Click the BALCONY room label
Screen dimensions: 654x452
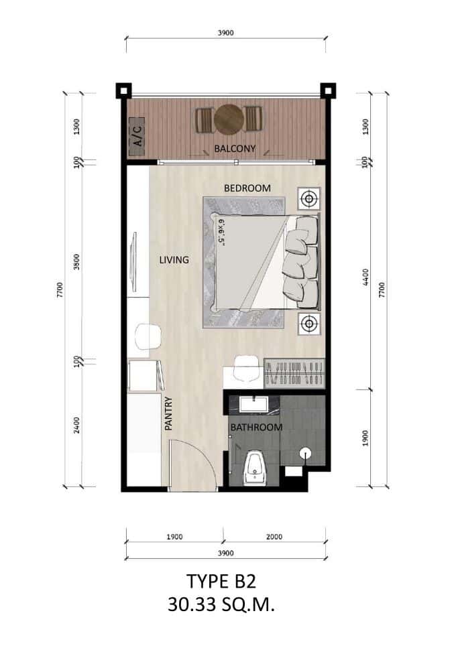point(235,149)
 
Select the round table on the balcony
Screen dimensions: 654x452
point(229,120)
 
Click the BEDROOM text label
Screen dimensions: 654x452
point(247,188)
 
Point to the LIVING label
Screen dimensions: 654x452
point(173,259)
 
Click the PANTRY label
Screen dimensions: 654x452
point(168,413)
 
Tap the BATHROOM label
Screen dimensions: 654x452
point(256,427)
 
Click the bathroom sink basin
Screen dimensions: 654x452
point(256,404)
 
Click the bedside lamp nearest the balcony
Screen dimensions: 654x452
point(308,198)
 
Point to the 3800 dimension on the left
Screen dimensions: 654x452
point(78,261)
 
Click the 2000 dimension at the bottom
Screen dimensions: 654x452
point(274,537)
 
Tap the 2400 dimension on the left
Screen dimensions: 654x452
point(78,426)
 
